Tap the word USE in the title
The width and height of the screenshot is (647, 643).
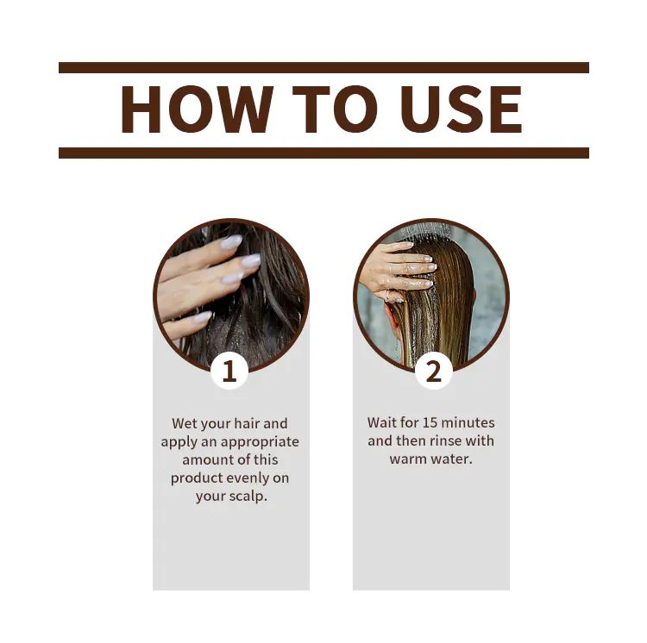461,109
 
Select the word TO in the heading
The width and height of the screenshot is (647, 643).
335,109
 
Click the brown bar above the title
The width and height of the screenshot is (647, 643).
323,67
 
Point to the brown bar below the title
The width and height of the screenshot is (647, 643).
323,153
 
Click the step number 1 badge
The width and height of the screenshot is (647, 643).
229,371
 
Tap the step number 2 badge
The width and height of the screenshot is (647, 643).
434,371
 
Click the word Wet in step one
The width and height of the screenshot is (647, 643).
184,423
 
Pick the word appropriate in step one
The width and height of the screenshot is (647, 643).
260,442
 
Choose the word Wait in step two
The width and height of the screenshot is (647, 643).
381,422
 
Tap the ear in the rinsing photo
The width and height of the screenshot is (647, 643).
390,315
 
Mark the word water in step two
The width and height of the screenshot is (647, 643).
453,459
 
